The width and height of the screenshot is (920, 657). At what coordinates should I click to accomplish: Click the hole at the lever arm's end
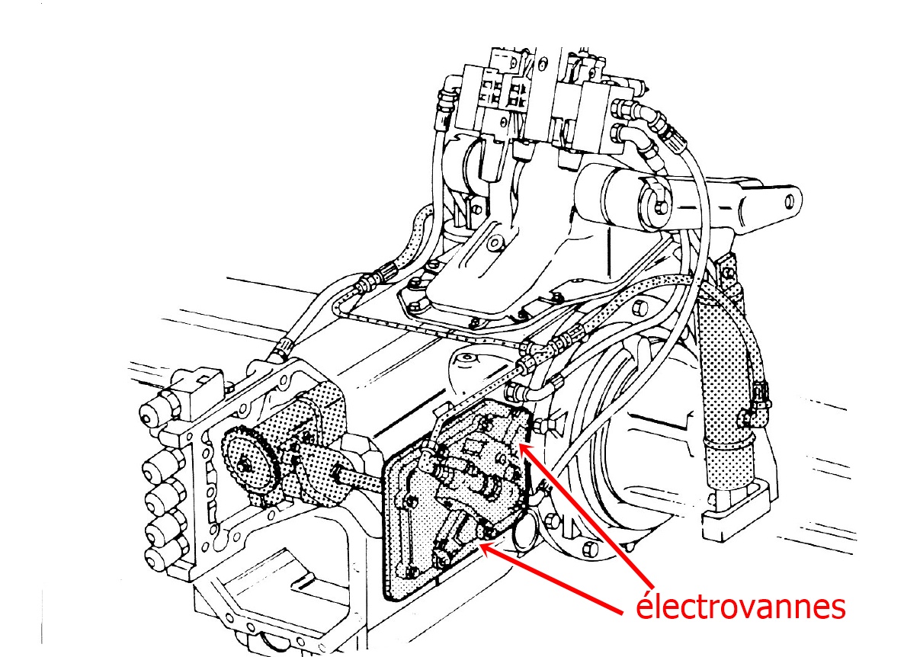(790, 201)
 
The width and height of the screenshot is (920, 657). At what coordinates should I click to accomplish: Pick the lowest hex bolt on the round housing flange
(588, 550)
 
